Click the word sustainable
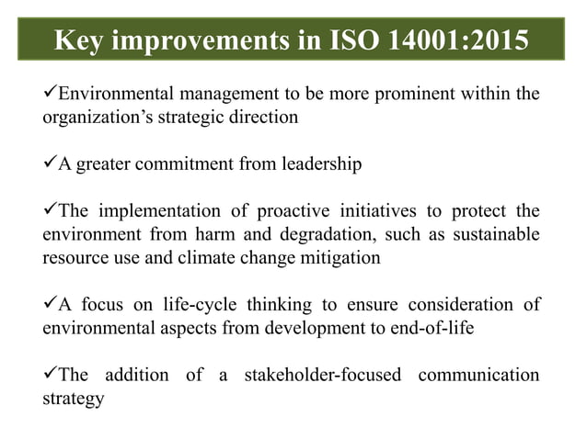pyautogui.click(x=493, y=234)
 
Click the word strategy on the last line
pyautogui.click(x=73, y=399)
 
